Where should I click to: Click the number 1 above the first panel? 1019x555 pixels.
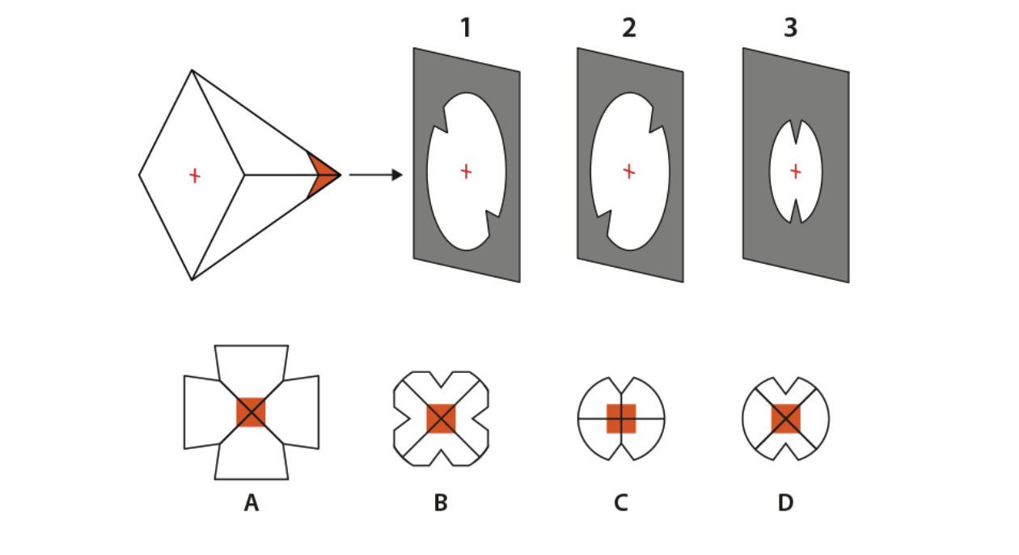465,28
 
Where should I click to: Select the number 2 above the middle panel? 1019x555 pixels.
629,28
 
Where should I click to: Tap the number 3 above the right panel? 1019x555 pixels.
791,28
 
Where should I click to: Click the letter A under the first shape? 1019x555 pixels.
252,504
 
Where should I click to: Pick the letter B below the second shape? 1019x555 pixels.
441,504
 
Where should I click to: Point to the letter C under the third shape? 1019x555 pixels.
620,504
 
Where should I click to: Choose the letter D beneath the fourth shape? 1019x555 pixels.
785,504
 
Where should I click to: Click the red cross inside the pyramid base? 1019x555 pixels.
194,175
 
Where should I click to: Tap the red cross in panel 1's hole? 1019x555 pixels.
466,171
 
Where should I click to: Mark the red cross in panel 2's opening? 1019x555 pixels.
629,171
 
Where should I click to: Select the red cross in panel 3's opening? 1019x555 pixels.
796,171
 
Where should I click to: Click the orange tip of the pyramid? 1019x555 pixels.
324,174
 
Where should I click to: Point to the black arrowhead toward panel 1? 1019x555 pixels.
396,175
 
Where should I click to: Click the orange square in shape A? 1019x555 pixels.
251,413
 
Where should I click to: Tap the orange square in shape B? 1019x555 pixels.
441,418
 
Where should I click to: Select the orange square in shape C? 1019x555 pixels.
621,418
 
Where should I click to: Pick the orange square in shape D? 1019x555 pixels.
785,418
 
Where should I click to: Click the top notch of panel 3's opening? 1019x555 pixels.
796,128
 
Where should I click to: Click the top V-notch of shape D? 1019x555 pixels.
785,383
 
